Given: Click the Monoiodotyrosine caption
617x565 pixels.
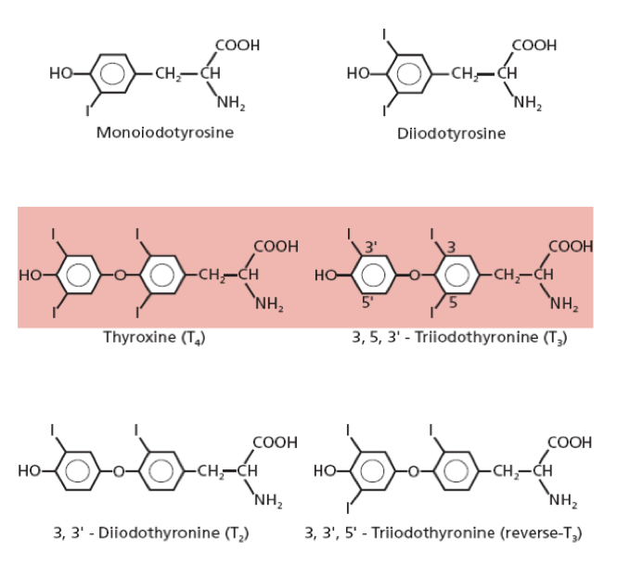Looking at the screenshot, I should point(164,132).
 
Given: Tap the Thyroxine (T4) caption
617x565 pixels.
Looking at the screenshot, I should point(154,337).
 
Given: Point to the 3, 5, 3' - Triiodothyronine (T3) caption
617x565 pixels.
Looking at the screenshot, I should point(459,337).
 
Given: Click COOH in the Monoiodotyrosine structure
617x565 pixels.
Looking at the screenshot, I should point(237,45).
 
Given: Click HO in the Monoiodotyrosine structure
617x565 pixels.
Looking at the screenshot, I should point(63,73).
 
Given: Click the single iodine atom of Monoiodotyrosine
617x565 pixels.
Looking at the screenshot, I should point(88,111).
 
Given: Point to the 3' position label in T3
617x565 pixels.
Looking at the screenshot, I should point(372,247).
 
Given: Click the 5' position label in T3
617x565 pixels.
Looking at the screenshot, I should point(368,302).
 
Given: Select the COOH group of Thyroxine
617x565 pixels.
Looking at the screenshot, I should point(276,246).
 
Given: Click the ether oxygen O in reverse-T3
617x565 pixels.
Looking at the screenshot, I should point(414,471).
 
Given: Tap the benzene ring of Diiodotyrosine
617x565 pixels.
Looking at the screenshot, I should point(406,73).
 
